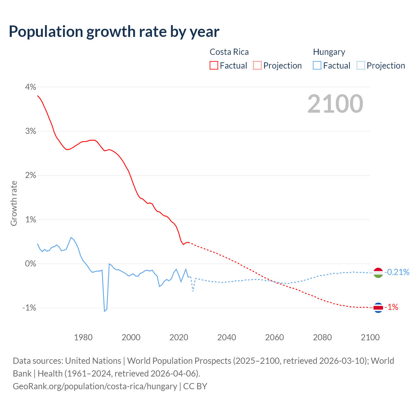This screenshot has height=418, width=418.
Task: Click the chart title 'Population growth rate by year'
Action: tap(114, 32)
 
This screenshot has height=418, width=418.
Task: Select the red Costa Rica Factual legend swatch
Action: tap(214, 65)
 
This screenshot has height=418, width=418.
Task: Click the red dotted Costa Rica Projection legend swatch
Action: tap(257, 65)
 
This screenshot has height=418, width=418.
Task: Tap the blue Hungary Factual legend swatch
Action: tap(317, 65)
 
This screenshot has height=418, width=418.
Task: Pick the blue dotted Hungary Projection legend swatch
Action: tap(361, 65)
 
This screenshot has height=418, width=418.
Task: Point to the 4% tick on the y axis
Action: tap(30, 87)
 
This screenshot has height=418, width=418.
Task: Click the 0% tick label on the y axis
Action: tap(30, 264)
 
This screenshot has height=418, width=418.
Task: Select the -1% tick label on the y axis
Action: tap(29, 308)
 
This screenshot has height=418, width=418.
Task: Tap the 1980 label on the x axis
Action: tap(83, 337)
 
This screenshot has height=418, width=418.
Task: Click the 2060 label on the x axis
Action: tap(274, 337)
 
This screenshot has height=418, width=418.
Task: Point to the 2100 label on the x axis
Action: tap(370, 337)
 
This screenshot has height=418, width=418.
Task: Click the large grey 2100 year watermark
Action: tap(335, 104)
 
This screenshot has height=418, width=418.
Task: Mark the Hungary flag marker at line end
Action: tap(378, 272)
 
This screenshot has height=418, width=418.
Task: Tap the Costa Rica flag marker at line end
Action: tap(378, 307)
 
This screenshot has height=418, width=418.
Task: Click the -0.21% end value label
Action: tap(397, 272)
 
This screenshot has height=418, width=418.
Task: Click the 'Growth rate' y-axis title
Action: tap(14, 203)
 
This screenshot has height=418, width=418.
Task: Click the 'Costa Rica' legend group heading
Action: tap(229, 52)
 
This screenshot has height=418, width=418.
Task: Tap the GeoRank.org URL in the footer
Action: tap(95, 386)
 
